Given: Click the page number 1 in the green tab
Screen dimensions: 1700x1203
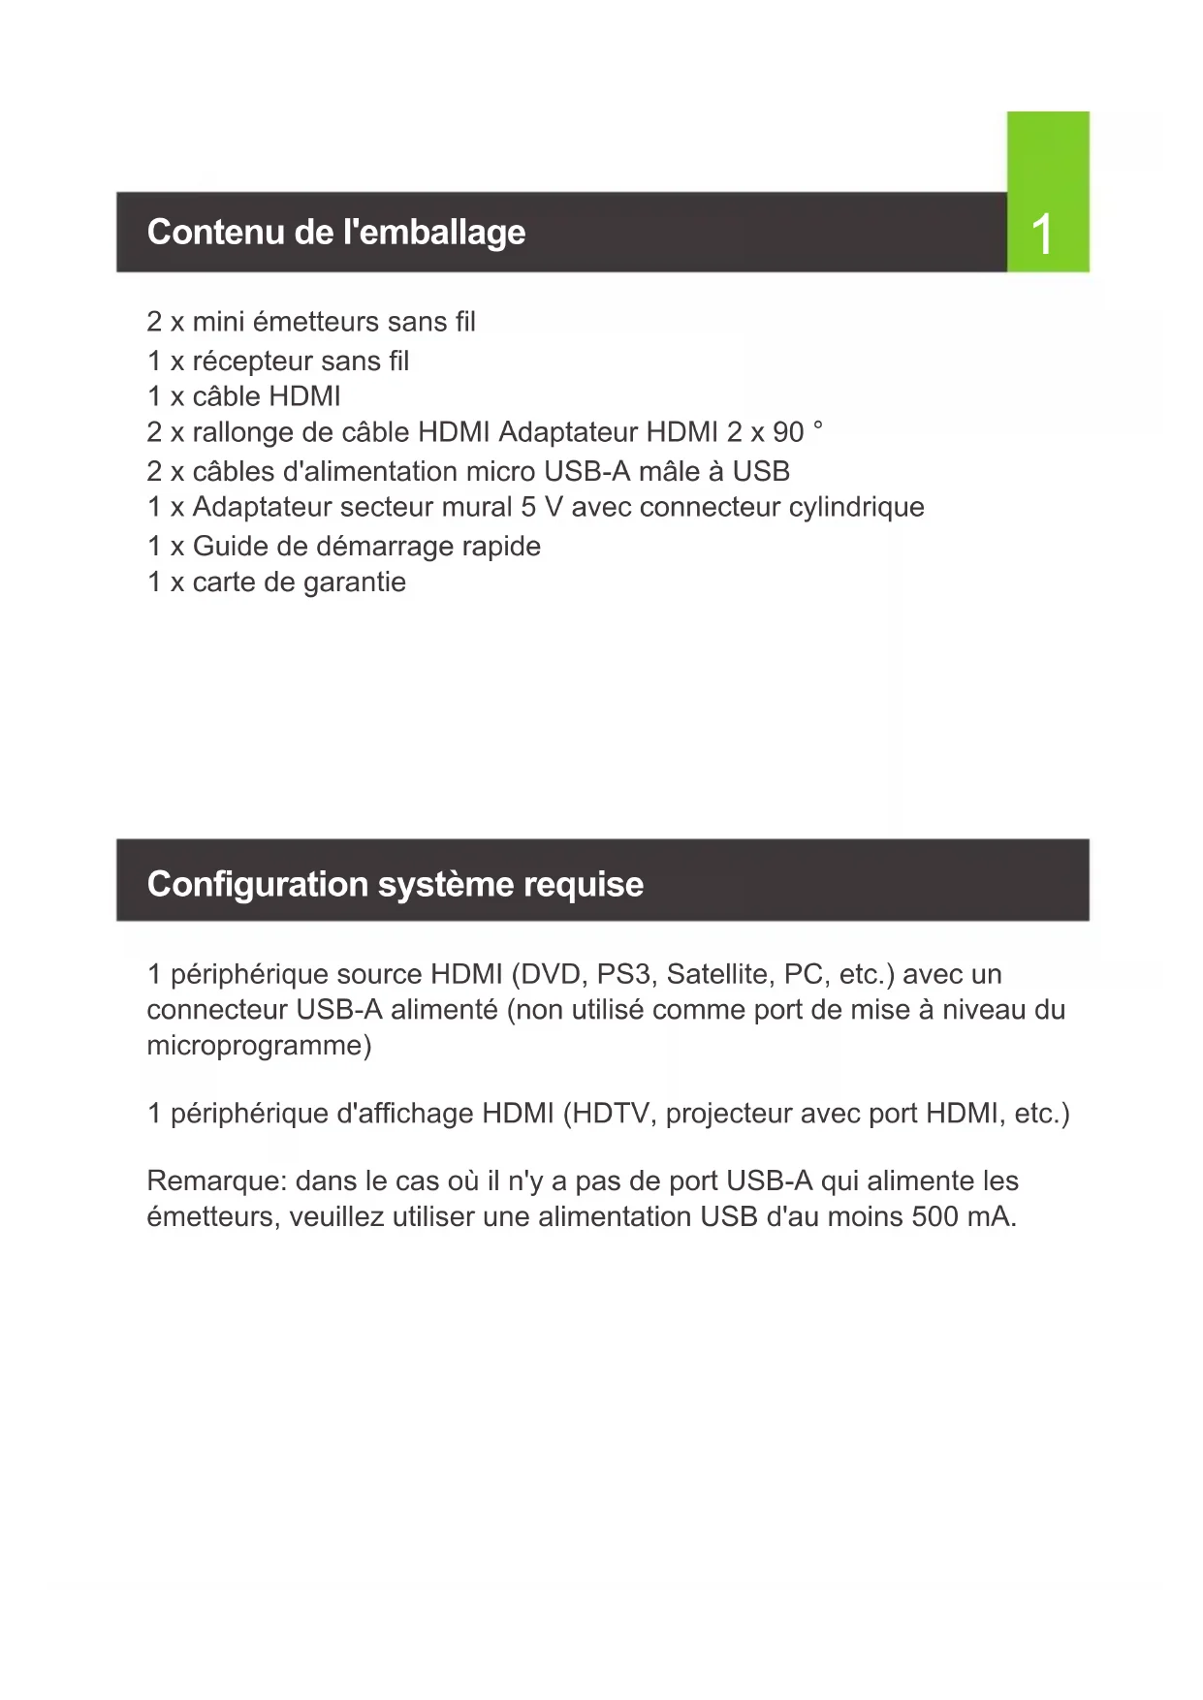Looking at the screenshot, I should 1042,235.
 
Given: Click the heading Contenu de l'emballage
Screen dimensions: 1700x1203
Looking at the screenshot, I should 335,233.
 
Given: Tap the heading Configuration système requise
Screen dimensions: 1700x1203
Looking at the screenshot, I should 395,884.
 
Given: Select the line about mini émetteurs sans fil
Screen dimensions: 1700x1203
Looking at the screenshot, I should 311,322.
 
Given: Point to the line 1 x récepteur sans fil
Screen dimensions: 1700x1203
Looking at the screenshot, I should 278,362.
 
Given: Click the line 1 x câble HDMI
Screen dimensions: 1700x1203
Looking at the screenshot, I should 244,396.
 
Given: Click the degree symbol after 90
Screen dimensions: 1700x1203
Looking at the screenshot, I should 818,425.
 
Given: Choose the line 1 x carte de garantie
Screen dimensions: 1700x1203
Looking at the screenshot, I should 276,582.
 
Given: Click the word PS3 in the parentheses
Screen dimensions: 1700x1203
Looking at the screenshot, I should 623,974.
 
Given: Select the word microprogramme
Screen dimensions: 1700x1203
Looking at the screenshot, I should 259,1046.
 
